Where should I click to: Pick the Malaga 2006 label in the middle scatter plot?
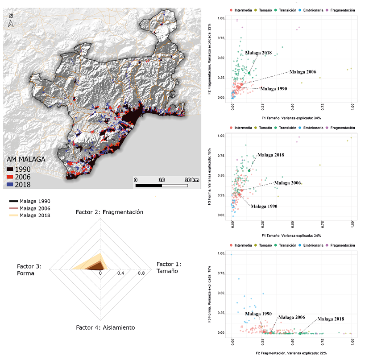point(288,183)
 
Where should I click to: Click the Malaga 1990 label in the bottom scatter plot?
point(257,314)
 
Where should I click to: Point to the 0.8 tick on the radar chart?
point(141,273)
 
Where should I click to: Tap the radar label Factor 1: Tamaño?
point(169,268)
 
